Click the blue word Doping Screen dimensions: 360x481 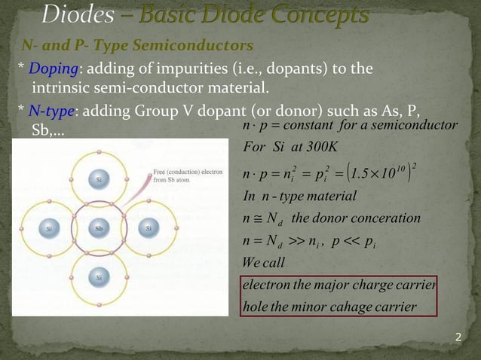49,69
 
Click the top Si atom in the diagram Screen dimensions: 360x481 99,180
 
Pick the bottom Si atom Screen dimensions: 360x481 99,277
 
